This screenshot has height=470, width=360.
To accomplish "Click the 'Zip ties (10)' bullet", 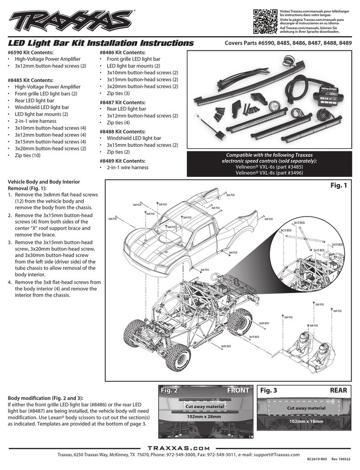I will point(30,155).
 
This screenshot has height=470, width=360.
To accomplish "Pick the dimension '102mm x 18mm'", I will point(306,421).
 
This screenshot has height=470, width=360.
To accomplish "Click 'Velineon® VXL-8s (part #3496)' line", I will point(269,173).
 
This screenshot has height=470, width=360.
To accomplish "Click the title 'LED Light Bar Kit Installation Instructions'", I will point(102,43).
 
